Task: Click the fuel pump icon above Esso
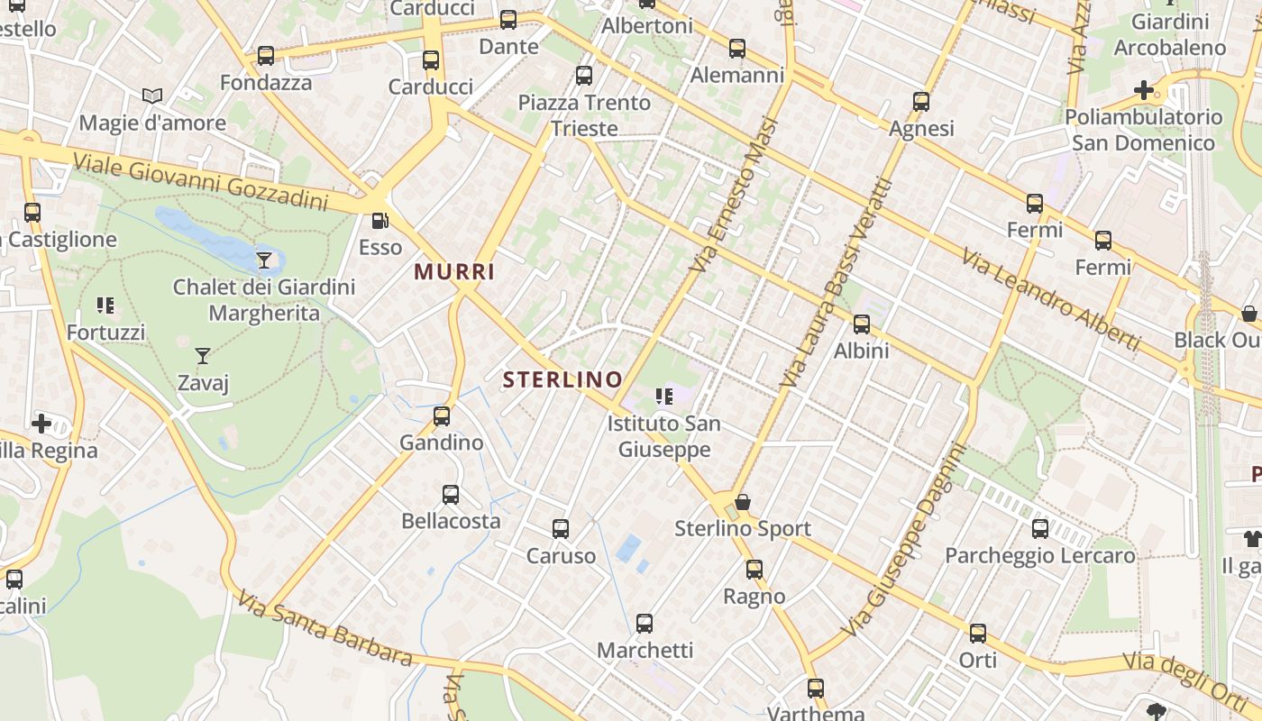click(x=380, y=221)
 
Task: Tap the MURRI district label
click(x=454, y=271)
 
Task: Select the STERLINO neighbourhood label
click(x=562, y=379)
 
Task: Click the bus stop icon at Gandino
click(x=442, y=416)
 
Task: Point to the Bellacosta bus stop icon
click(x=451, y=495)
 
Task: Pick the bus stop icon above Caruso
click(x=561, y=529)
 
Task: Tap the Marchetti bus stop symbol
click(x=645, y=624)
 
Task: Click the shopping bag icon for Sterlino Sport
click(x=743, y=502)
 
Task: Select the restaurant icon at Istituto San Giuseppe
click(x=664, y=397)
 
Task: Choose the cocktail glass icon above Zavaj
click(x=203, y=356)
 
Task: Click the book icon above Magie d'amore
click(x=152, y=96)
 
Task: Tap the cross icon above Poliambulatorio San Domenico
click(x=1144, y=90)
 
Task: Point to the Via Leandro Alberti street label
click(x=1051, y=300)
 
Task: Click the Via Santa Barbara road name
click(x=325, y=628)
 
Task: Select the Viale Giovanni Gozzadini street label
click(x=199, y=180)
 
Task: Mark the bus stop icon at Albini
click(x=862, y=324)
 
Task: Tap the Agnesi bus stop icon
click(x=921, y=102)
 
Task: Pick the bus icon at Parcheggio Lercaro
click(x=1040, y=529)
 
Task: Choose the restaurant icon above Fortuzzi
click(x=105, y=306)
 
